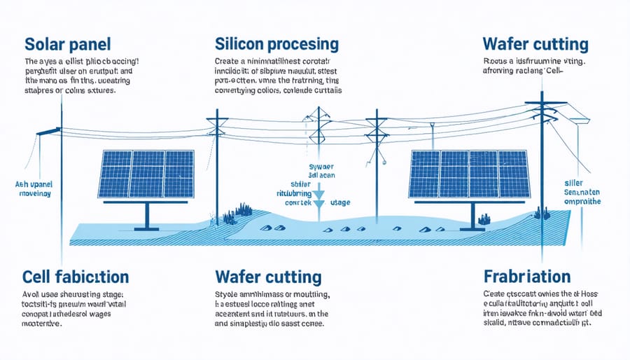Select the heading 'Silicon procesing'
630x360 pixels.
pyautogui.click(x=276, y=44)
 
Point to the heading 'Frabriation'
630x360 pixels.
pyautogui.click(x=526, y=275)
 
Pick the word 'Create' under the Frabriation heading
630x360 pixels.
pyautogui.click(x=497, y=293)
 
